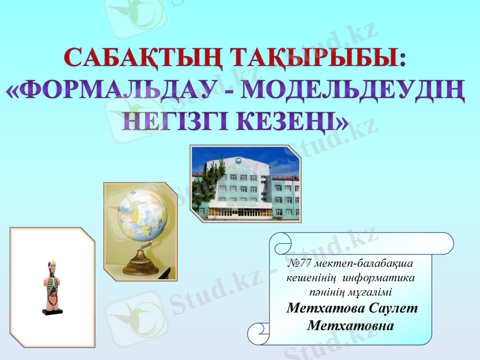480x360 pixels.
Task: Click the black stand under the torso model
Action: tap(52, 311)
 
